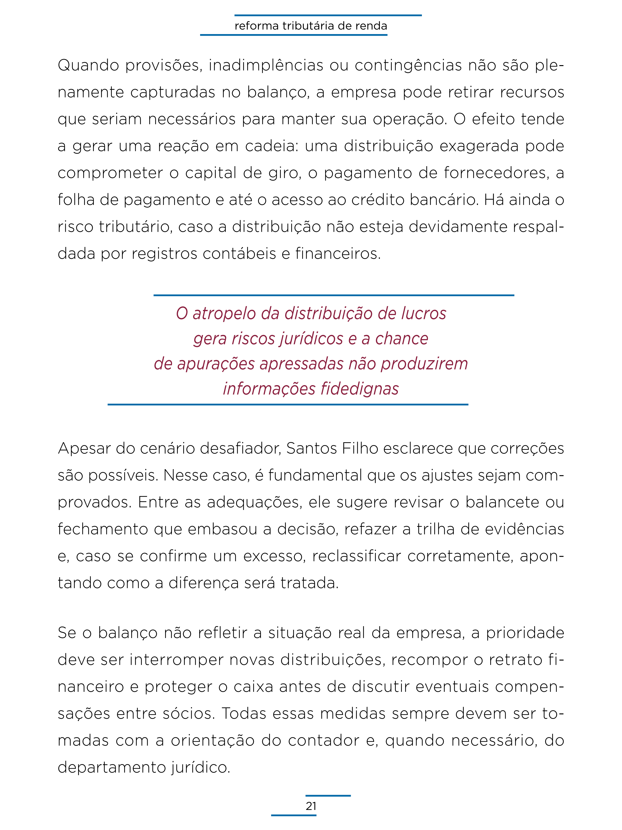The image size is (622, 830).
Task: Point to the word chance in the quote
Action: (402, 338)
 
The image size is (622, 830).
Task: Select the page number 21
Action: (311, 806)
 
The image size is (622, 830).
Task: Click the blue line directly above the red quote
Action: (334, 295)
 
